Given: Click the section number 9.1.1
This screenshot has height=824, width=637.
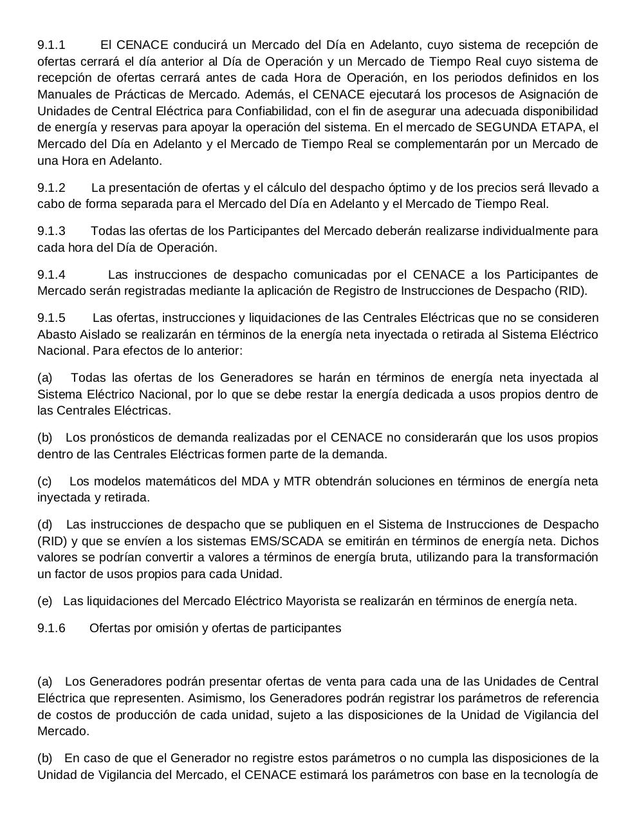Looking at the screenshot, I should tap(51, 45).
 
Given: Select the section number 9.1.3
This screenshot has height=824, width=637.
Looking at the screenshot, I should tap(51, 231).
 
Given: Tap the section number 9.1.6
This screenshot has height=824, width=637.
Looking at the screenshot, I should tap(51, 628).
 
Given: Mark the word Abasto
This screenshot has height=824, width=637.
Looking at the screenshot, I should tap(56, 335).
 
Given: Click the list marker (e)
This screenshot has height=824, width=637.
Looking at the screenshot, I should tap(45, 601).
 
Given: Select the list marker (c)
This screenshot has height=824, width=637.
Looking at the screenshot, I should tap(44, 482).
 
